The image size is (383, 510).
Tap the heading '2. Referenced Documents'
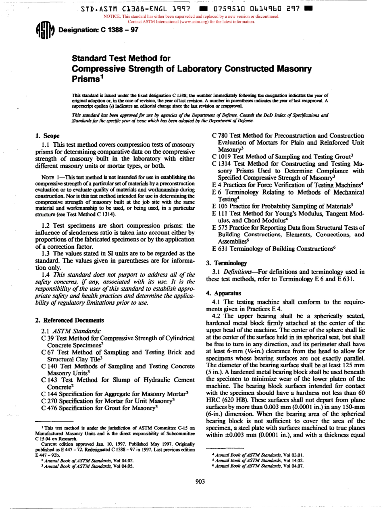[69, 321]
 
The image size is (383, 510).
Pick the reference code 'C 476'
[50, 408]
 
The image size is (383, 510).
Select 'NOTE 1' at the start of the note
[50, 177]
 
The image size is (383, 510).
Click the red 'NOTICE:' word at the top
[112, 17]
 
